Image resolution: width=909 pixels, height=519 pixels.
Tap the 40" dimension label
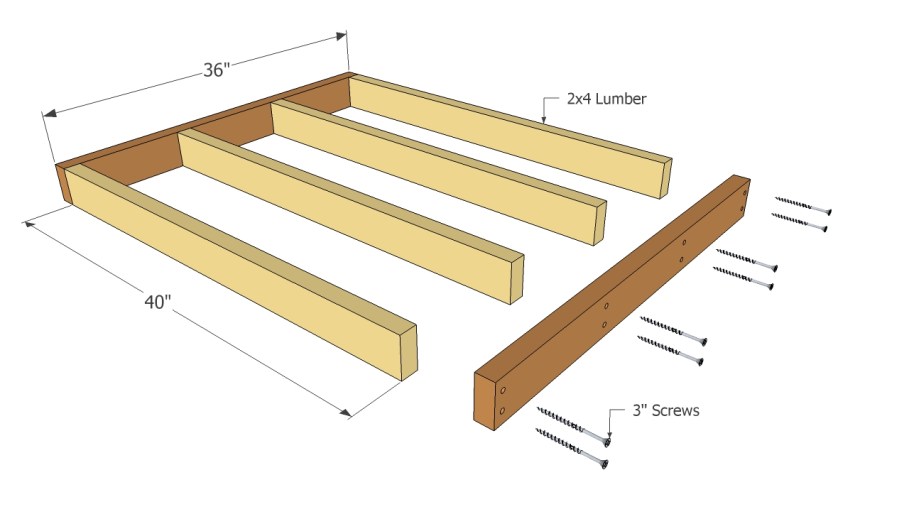pos(156,302)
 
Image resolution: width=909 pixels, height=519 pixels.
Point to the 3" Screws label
pos(664,410)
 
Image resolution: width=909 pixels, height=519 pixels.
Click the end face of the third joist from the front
pos(597,220)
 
